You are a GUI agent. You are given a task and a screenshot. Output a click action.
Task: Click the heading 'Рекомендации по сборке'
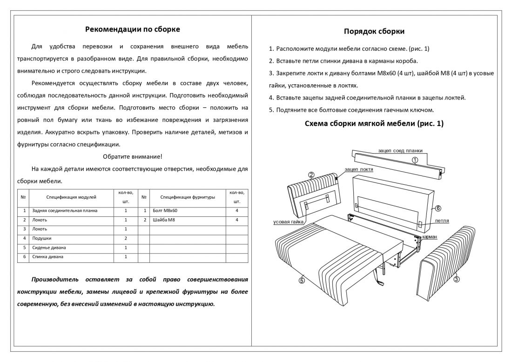tap(133, 29)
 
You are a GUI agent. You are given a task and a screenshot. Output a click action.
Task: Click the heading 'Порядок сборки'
tap(374, 32)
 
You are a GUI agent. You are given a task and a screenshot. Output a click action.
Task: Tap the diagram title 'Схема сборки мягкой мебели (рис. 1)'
tap(374, 124)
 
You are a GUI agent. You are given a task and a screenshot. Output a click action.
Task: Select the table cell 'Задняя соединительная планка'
tap(65, 211)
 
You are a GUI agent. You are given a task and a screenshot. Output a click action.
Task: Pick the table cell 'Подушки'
tap(41, 238)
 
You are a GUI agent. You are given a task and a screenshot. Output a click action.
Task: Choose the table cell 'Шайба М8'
tap(163, 220)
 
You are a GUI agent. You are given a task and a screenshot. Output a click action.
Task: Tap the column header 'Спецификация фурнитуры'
tap(188, 197)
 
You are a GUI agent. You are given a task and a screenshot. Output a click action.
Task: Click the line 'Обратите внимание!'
tap(133, 156)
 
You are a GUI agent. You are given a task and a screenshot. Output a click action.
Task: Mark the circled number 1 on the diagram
tap(414, 160)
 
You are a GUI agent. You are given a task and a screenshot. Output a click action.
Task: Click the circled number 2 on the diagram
tap(311, 175)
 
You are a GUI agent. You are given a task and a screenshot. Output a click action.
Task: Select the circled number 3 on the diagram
tap(456, 279)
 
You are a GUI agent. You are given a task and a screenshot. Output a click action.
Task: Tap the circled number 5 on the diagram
tap(302, 280)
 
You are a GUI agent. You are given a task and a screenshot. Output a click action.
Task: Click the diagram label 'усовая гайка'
tap(289, 222)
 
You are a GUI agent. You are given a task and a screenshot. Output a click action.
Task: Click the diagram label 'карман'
tap(429, 237)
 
